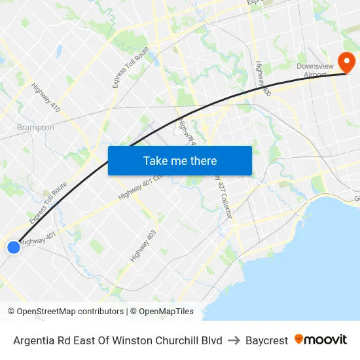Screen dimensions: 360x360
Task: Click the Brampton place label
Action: pos(35,128)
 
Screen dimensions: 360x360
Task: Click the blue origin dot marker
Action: pos(14,247)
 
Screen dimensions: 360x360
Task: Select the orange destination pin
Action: pos(345,62)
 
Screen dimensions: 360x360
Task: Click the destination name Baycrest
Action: pos(266,340)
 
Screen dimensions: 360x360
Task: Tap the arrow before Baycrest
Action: pos(234,340)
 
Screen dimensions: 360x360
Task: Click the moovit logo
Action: pos(320,339)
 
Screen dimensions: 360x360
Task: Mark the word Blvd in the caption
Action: pos(211,340)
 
